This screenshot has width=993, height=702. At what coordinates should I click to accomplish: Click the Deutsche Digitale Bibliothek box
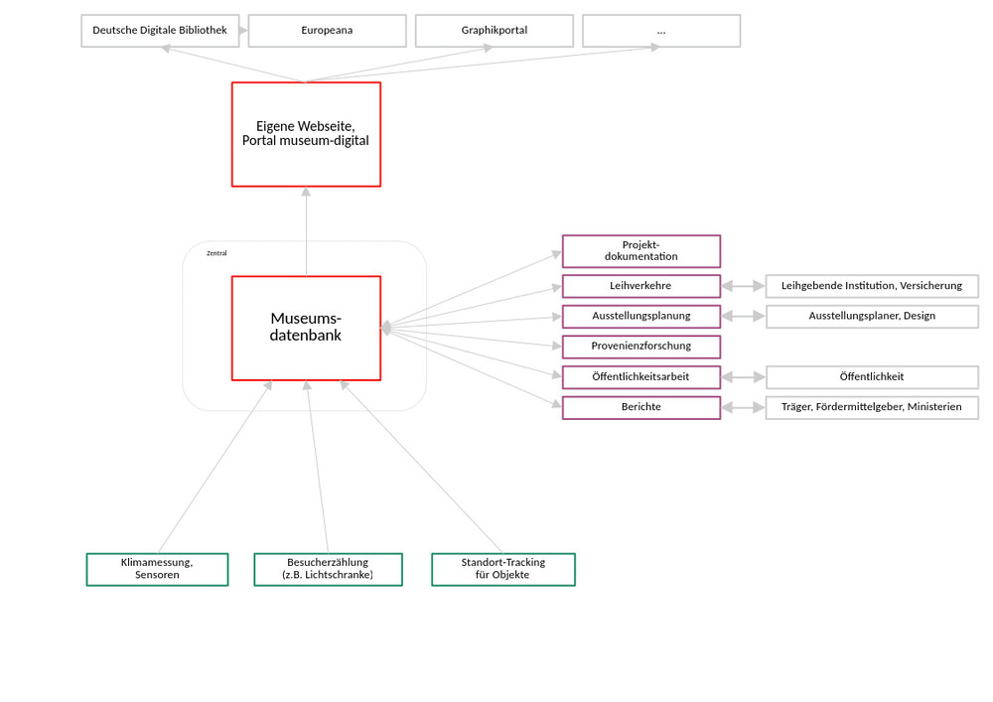click(160, 31)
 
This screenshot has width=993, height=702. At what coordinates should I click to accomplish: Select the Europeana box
click(327, 31)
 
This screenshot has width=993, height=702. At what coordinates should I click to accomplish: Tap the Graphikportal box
click(494, 31)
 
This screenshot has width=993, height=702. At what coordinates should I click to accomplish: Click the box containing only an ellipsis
click(661, 31)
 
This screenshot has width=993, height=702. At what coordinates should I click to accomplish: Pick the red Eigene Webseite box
click(306, 134)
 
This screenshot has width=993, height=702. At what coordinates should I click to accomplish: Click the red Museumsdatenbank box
click(306, 328)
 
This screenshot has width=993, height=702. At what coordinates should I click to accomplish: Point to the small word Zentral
click(216, 253)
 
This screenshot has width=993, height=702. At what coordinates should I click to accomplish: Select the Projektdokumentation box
click(640, 251)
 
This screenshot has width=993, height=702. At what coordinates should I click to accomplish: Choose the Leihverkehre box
click(640, 286)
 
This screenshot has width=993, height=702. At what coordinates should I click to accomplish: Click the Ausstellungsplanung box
click(640, 317)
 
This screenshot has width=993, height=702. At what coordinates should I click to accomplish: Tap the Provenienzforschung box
click(640, 347)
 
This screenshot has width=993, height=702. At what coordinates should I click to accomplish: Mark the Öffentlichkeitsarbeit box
click(640, 377)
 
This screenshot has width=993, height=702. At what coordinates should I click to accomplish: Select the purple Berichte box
click(640, 407)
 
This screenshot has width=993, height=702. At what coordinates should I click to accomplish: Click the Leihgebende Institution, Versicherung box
click(871, 286)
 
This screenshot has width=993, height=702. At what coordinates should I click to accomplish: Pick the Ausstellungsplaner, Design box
click(871, 317)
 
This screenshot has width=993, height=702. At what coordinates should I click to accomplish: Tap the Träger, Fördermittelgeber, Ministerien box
click(871, 407)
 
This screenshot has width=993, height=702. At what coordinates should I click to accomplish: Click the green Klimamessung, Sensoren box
click(157, 569)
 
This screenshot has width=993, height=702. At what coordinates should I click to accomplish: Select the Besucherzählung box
click(328, 569)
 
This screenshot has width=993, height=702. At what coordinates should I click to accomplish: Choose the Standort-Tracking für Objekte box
click(502, 569)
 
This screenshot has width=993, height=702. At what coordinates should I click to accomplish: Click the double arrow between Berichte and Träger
click(743, 407)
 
